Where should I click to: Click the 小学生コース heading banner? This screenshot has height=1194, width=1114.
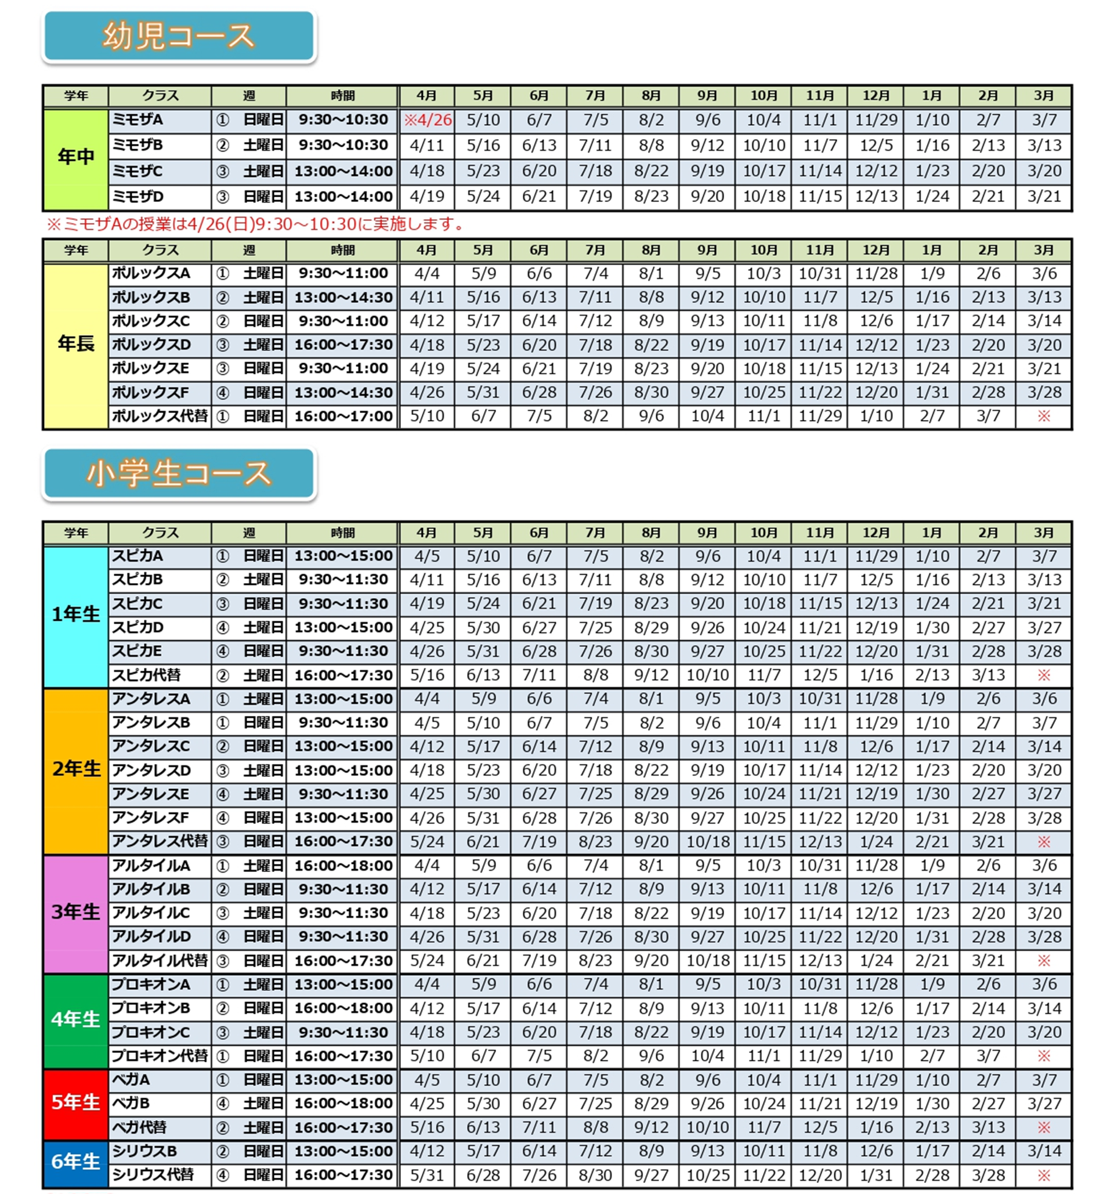pyautogui.click(x=178, y=473)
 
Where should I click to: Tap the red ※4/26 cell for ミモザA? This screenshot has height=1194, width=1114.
pyautogui.click(x=427, y=120)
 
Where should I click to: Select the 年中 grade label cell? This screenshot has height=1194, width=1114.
pyautogui.click(x=75, y=158)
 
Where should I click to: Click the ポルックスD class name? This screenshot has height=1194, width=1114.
pyautogui.click(x=151, y=345)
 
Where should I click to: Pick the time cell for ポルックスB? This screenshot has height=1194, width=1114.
pyautogui.click(x=343, y=297)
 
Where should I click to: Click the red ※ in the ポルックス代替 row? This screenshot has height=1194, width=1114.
pyautogui.click(x=1044, y=416)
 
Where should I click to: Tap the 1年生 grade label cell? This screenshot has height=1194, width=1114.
pyautogui.click(x=75, y=615)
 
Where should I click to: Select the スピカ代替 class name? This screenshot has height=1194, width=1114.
pyautogui.click(x=147, y=675)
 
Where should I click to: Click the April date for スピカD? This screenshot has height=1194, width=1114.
pyautogui.click(x=427, y=628)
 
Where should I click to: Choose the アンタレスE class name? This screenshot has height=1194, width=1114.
pyautogui.click(x=151, y=794)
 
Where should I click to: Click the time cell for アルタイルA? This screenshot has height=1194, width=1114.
pyautogui.click(x=343, y=866)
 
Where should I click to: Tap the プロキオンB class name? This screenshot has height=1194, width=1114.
pyautogui.click(x=151, y=1008)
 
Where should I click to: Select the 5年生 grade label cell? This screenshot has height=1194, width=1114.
pyautogui.click(x=75, y=1103)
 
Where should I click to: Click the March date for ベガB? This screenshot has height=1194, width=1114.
pyautogui.click(x=1044, y=1103)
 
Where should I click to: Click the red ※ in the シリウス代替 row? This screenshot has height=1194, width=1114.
pyautogui.click(x=1044, y=1175)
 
